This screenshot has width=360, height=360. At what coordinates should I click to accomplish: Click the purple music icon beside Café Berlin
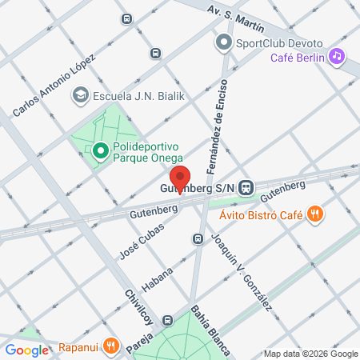(337, 56)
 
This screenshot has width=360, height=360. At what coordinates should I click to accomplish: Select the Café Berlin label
(297, 57)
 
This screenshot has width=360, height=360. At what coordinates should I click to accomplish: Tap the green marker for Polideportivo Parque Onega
(100, 150)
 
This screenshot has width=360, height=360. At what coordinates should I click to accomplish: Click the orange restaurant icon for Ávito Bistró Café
(317, 214)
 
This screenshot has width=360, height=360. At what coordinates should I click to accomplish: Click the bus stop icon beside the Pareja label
(167, 320)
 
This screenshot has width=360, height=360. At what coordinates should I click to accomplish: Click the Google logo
(26, 350)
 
